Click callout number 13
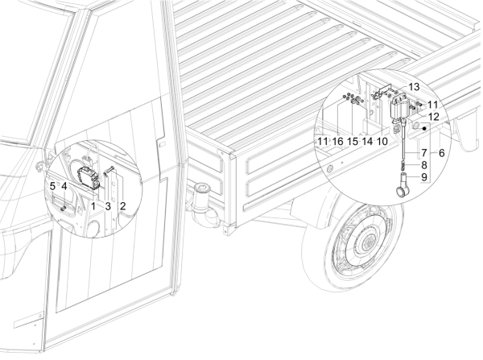[415, 87]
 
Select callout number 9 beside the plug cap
[424, 177]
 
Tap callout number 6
[441, 153]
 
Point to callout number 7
[424, 153]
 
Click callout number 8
[424, 165]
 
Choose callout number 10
[382, 142]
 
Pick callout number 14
[367, 142]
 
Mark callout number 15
[353, 142]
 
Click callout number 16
[338, 142]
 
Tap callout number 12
[433, 117]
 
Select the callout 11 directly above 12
[432, 106]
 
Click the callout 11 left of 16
[323, 142]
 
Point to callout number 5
[52, 186]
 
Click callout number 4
[64, 186]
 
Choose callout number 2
[122, 206]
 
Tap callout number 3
[108, 206]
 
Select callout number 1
[93, 206]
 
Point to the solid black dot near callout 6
[424, 128]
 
